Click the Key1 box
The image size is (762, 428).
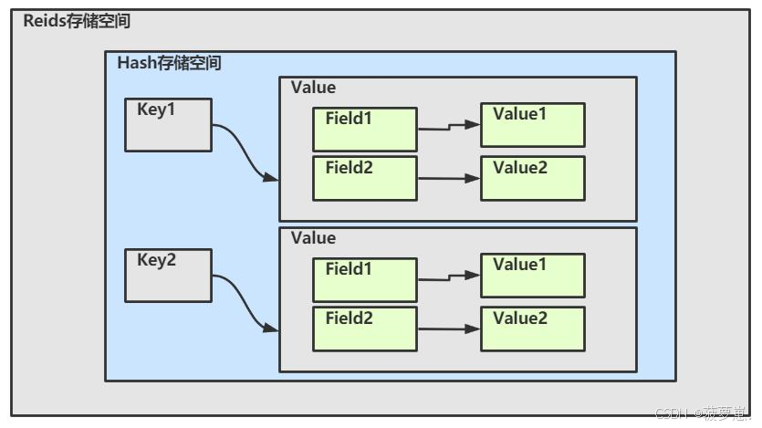point(168,124)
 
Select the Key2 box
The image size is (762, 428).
point(168,275)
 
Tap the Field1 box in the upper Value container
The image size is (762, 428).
point(364,129)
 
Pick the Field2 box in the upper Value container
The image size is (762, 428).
point(364,178)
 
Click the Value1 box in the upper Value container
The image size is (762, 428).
point(532,125)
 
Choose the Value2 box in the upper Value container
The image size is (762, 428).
point(532,178)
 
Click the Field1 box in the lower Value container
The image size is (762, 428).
point(364,279)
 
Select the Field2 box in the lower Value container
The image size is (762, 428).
point(364,329)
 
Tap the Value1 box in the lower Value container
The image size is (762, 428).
point(532,276)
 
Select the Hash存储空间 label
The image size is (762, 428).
point(169,63)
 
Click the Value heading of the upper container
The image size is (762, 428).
point(313,88)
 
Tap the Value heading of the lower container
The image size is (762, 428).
point(313,238)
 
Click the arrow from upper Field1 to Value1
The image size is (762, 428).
point(448,127)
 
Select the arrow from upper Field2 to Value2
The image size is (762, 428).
point(448,179)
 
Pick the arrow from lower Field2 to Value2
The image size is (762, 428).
point(448,329)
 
